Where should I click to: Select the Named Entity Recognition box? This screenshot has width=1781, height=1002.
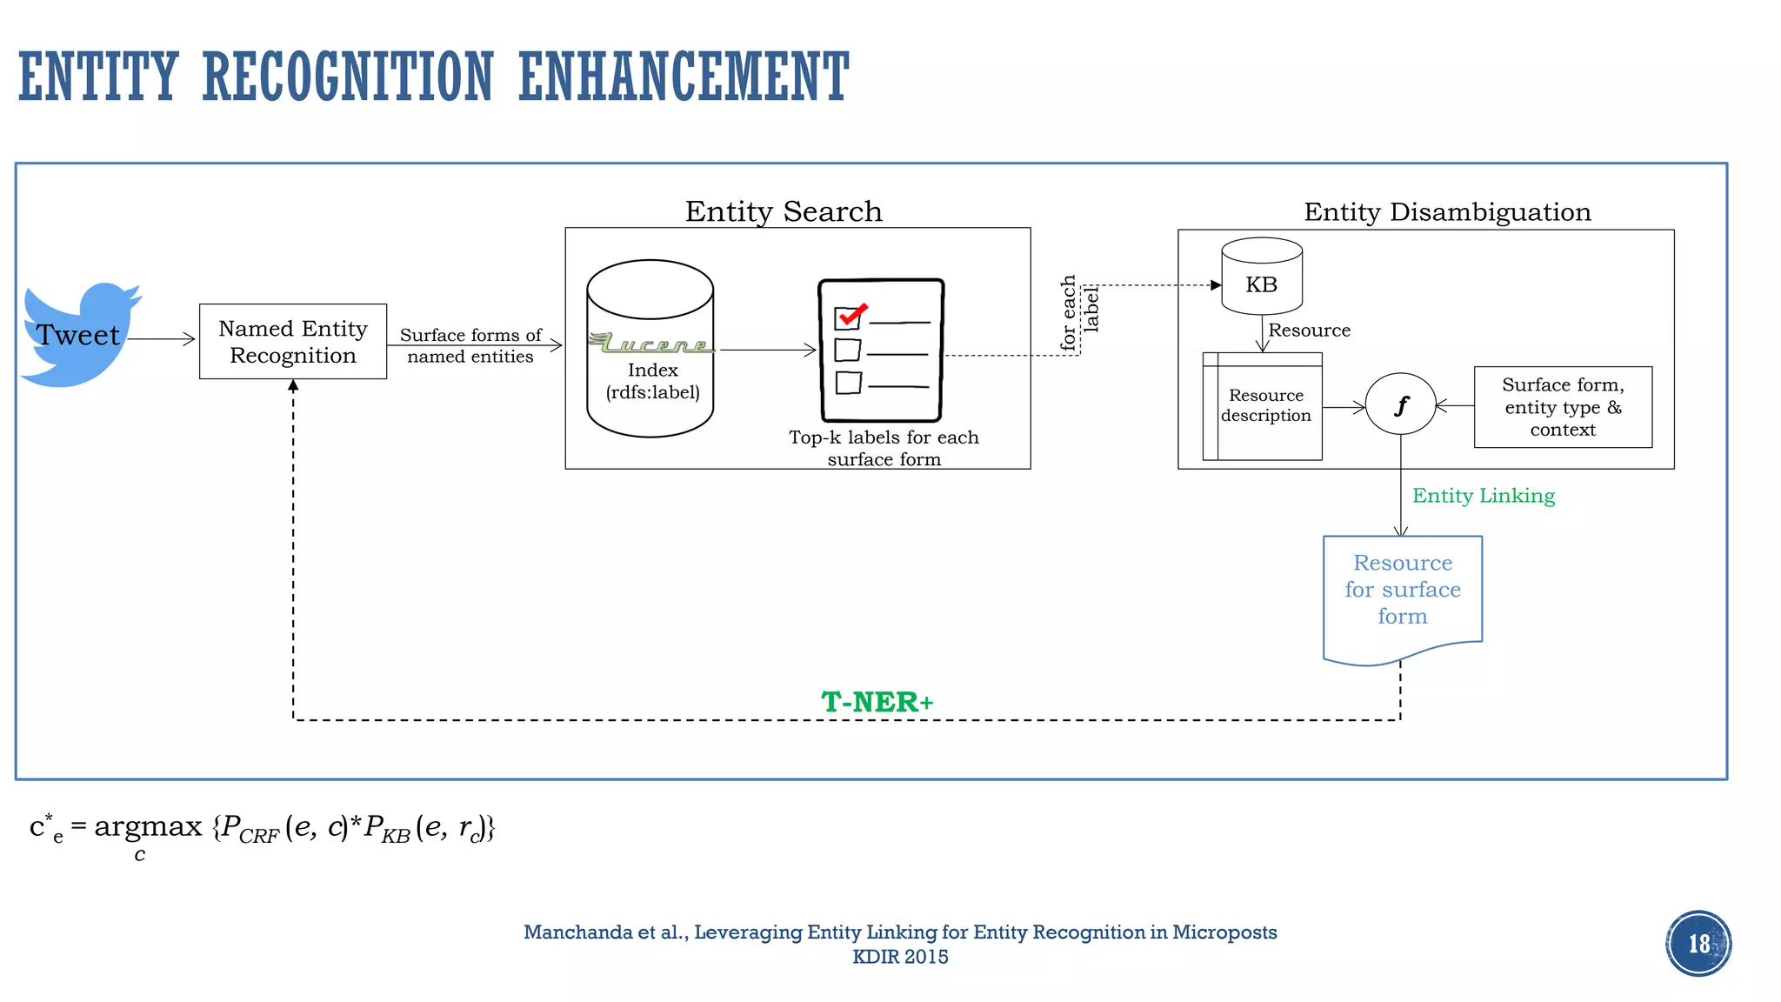(x=293, y=342)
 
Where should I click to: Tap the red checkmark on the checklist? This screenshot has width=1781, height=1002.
(x=851, y=314)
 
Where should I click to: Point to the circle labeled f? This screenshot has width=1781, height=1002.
(x=1400, y=404)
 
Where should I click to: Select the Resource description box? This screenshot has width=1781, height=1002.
(x=1265, y=406)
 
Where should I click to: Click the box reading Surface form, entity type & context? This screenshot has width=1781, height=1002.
(x=1563, y=407)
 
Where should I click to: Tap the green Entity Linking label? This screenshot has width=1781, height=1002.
(x=1484, y=496)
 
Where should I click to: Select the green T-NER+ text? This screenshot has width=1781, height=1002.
(x=877, y=702)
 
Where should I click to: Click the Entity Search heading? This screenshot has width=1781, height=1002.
(x=784, y=211)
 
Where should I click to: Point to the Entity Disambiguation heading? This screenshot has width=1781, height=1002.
(x=1447, y=212)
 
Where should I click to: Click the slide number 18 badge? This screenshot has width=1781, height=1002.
(x=1698, y=944)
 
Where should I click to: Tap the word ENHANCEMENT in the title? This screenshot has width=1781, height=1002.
(x=684, y=77)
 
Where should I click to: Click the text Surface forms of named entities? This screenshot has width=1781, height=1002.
(x=470, y=345)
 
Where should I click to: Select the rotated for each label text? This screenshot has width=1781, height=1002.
(x=1079, y=313)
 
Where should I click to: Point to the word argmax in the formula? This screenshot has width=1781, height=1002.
(x=148, y=826)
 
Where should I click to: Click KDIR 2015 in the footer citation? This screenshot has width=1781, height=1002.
(x=900, y=957)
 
